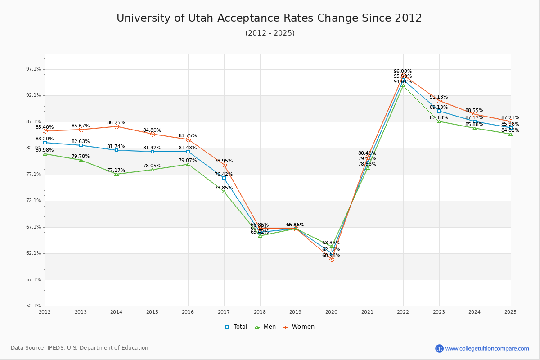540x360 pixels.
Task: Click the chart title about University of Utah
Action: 269,18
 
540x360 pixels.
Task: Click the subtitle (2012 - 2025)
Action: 270,33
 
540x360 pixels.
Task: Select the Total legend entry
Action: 236,327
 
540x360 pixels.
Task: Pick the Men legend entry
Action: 266,327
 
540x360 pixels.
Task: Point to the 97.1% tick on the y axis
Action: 34,69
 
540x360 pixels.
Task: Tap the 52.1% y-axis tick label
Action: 34,306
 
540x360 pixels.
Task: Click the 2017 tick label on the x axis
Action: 224,311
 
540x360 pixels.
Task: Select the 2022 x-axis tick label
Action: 403,311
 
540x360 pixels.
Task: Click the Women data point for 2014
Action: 117,127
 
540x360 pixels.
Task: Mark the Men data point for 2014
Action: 117,174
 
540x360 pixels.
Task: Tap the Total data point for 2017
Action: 224,178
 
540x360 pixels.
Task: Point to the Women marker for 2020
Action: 332,259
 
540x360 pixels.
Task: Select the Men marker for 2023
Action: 439,121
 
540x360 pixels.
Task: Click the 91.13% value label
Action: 439,97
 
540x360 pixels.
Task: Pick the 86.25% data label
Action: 116,123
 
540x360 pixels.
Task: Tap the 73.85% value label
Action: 224,188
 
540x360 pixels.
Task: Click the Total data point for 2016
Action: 188,152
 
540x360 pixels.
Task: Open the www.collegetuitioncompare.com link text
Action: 487,348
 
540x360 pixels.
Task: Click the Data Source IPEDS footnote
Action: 80,348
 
